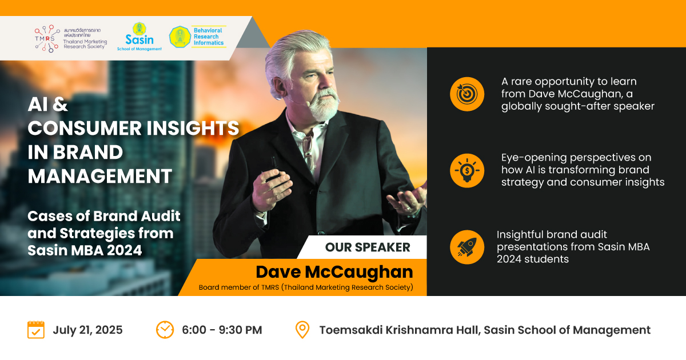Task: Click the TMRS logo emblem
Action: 47,39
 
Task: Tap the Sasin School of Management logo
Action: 139,37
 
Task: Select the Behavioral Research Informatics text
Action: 208,37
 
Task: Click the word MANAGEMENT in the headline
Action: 100,177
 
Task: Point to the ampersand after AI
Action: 60,105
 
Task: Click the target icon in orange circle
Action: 467,94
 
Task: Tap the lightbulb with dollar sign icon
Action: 467,170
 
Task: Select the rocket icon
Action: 467,247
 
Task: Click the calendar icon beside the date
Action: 36,330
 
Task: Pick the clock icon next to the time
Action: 165,330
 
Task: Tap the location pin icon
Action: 302,330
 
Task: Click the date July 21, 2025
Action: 87,330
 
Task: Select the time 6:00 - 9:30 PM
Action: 222,330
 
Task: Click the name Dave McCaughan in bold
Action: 334,272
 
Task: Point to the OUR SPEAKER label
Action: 368,247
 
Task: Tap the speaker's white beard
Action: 325,105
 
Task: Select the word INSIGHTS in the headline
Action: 193,128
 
